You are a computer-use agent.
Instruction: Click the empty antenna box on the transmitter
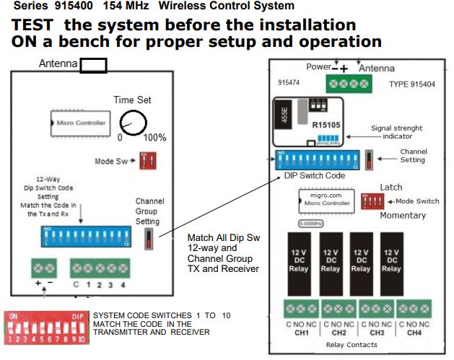(x=93, y=66)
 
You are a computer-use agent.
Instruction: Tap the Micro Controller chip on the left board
(x=81, y=123)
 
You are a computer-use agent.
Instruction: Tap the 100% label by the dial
(x=154, y=137)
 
